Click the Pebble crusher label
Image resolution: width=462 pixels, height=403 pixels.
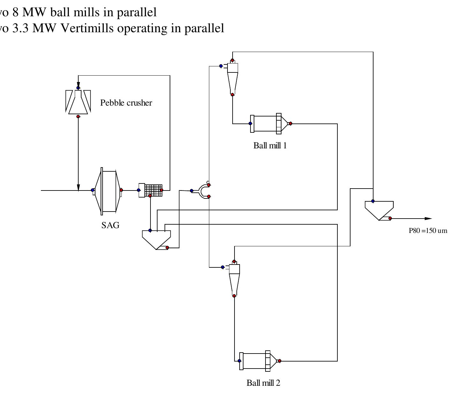pos(126,103)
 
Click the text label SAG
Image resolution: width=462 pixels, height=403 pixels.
pos(110,225)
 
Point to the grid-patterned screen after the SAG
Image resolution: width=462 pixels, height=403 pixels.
pos(153,190)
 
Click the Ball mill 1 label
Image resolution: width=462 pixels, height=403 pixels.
pos(270,146)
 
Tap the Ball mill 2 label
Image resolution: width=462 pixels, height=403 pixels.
pos(263,383)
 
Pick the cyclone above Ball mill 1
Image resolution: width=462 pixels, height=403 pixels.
pos(233,77)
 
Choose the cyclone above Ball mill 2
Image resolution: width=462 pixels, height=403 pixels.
pos(234,278)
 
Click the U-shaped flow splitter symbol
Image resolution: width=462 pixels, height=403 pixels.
pos(203,191)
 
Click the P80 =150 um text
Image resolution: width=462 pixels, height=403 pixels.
pos(428,231)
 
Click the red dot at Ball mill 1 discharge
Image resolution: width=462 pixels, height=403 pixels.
pos(290,123)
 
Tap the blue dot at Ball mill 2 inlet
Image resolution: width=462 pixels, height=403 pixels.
pos(239,361)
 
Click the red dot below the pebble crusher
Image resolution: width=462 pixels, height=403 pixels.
pos(78,116)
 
